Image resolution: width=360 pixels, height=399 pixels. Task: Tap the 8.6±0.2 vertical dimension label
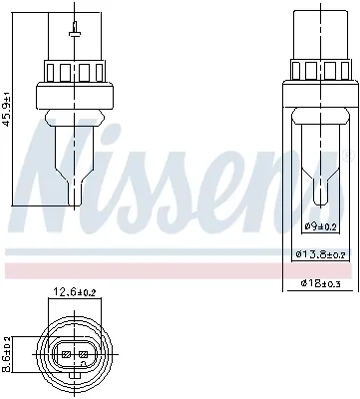pos(9,354)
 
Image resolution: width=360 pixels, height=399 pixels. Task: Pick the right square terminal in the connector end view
pos(83,353)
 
